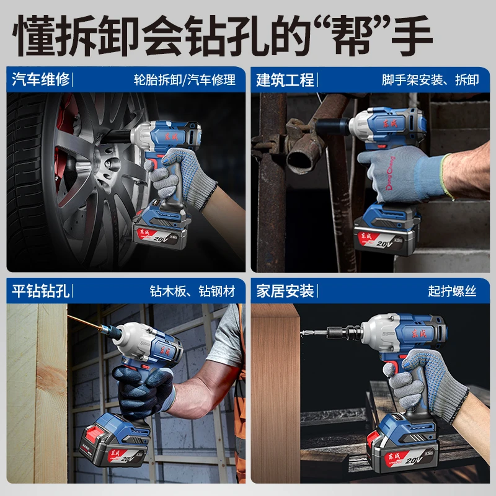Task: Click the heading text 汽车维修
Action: tap(41, 79)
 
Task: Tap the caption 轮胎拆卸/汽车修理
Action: tap(185, 80)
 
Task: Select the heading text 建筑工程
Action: tap(285, 79)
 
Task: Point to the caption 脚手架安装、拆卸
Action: tap(430, 80)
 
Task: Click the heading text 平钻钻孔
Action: tap(41, 290)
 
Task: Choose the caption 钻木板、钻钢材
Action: tap(192, 291)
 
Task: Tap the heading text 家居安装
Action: tap(285, 290)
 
